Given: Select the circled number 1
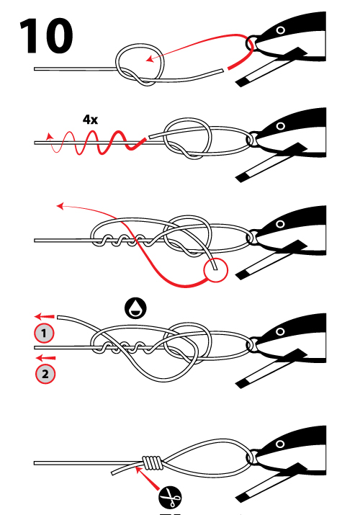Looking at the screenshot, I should coord(45,333).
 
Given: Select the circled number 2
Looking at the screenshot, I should coord(45,374).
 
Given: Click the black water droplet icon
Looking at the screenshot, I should coord(134,308).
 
